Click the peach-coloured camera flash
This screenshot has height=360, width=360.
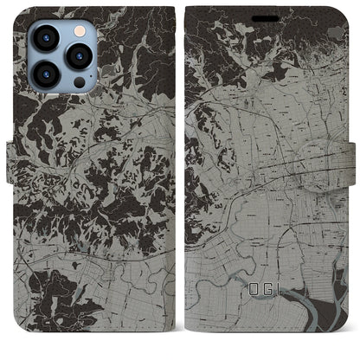[x=80, y=30]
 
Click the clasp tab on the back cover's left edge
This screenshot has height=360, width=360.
[x=12, y=161]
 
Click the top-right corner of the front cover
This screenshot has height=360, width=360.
[x=339, y=10]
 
